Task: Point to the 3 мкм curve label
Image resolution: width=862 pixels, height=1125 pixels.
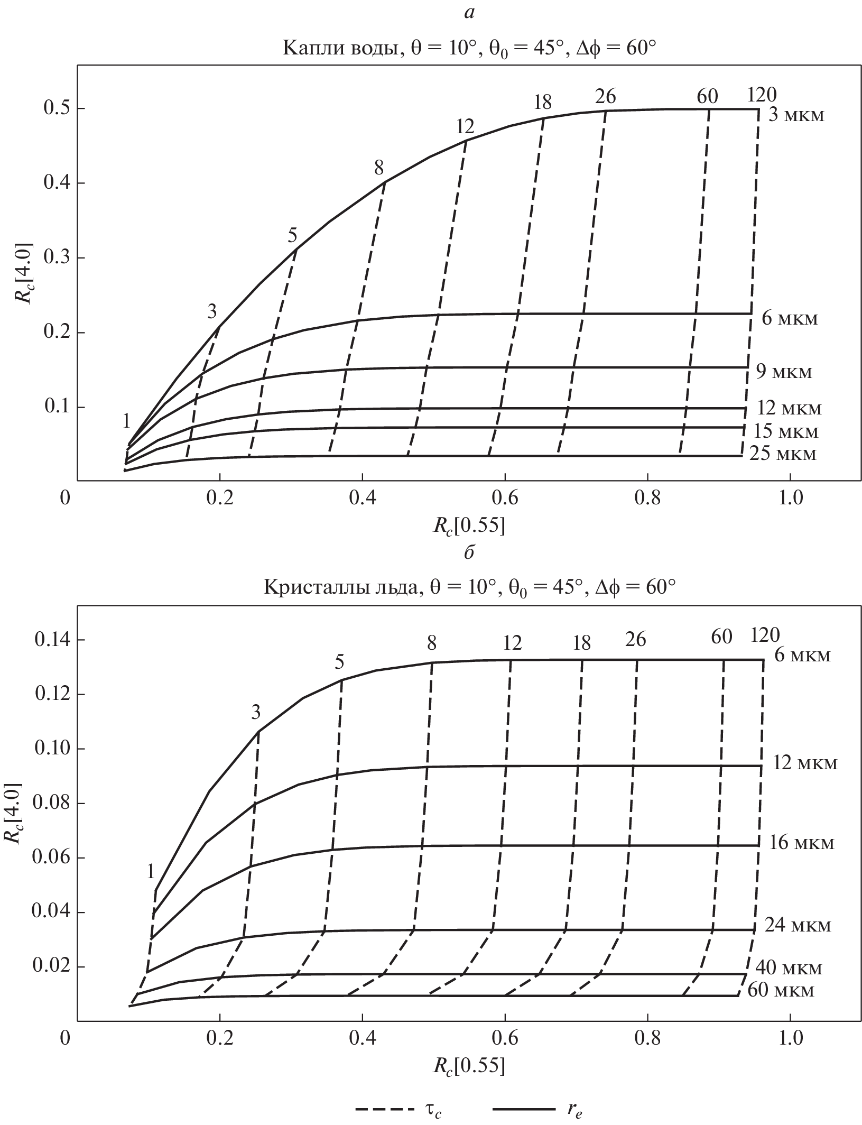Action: (795, 115)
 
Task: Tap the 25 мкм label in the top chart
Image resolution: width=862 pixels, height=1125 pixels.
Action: (783, 454)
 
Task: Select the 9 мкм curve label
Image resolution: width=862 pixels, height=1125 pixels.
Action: (783, 372)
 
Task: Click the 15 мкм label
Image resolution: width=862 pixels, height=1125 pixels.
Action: (785, 431)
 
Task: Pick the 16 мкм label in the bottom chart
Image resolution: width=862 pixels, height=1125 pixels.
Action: (801, 842)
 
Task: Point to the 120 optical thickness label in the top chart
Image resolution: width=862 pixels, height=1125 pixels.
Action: (762, 95)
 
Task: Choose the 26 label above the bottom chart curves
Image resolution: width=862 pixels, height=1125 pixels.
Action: (635, 640)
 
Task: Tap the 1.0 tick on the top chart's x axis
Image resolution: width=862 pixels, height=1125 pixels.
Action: (790, 498)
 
